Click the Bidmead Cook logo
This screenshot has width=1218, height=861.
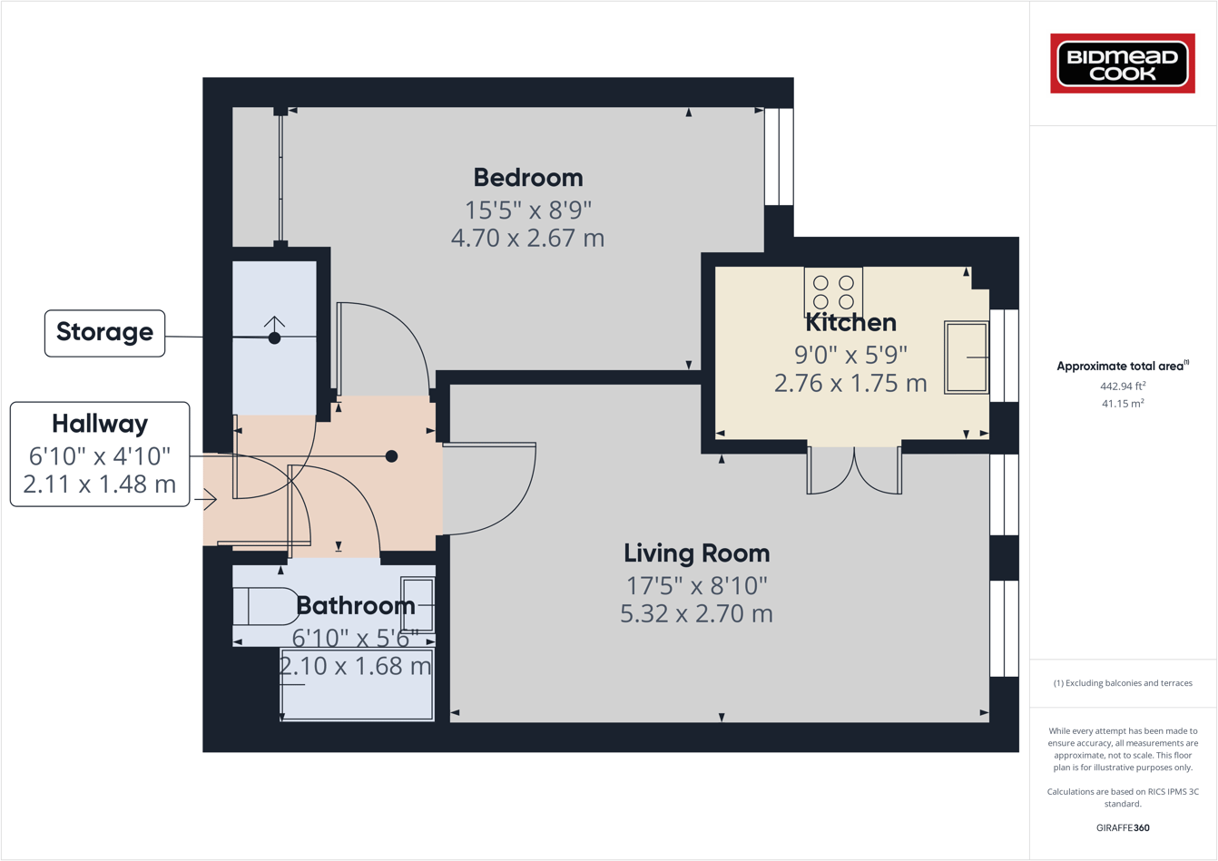[1122, 64]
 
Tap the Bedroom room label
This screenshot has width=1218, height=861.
[528, 178]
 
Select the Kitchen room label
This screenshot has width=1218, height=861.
[850, 323]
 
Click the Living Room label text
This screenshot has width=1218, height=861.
[696, 553]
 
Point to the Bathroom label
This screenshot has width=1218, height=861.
[355, 605]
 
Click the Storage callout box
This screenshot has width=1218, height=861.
[104, 332]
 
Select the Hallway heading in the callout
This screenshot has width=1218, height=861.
[100, 424]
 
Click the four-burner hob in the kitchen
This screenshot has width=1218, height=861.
[833, 291]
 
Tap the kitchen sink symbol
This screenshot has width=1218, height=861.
[966, 357]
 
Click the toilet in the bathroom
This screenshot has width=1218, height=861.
[265, 606]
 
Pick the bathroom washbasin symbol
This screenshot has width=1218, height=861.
[418, 604]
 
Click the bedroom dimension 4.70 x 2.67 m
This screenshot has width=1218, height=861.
[527, 239]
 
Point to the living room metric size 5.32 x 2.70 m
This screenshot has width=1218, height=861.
[696, 614]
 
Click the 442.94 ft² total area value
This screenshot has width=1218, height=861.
[1122, 386]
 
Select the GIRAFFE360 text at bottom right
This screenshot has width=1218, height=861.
[1123, 827]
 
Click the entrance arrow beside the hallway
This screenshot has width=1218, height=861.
[208, 499]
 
